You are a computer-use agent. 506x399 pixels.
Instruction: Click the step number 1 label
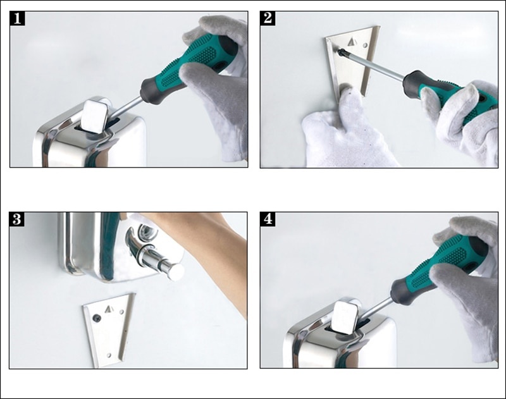[x=18, y=18]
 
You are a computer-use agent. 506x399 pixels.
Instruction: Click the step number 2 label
[x=268, y=18]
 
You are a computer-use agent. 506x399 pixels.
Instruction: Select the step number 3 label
[x=17, y=219]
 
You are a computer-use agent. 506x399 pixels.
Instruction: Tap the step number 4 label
[x=268, y=219]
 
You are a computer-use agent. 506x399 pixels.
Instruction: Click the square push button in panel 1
[x=94, y=116]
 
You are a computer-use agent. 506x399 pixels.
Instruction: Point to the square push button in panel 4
[x=345, y=317]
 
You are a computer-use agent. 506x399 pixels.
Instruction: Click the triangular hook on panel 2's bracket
[x=352, y=42]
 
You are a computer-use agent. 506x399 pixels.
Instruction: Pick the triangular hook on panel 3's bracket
[x=109, y=309]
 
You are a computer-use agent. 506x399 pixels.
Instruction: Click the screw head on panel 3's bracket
[x=97, y=318]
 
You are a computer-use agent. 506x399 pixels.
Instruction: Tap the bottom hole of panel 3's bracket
[x=109, y=355]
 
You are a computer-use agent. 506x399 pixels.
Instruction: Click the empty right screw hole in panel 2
[x=365, y=45]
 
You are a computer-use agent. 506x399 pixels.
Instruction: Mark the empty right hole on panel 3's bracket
[x=121, y=312]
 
